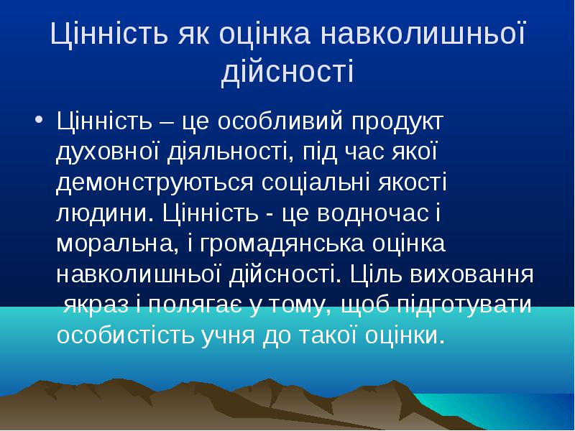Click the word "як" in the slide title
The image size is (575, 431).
194,34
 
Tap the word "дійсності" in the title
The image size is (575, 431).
288,70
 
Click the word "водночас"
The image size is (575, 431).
373,213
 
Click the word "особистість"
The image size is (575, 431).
125,335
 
